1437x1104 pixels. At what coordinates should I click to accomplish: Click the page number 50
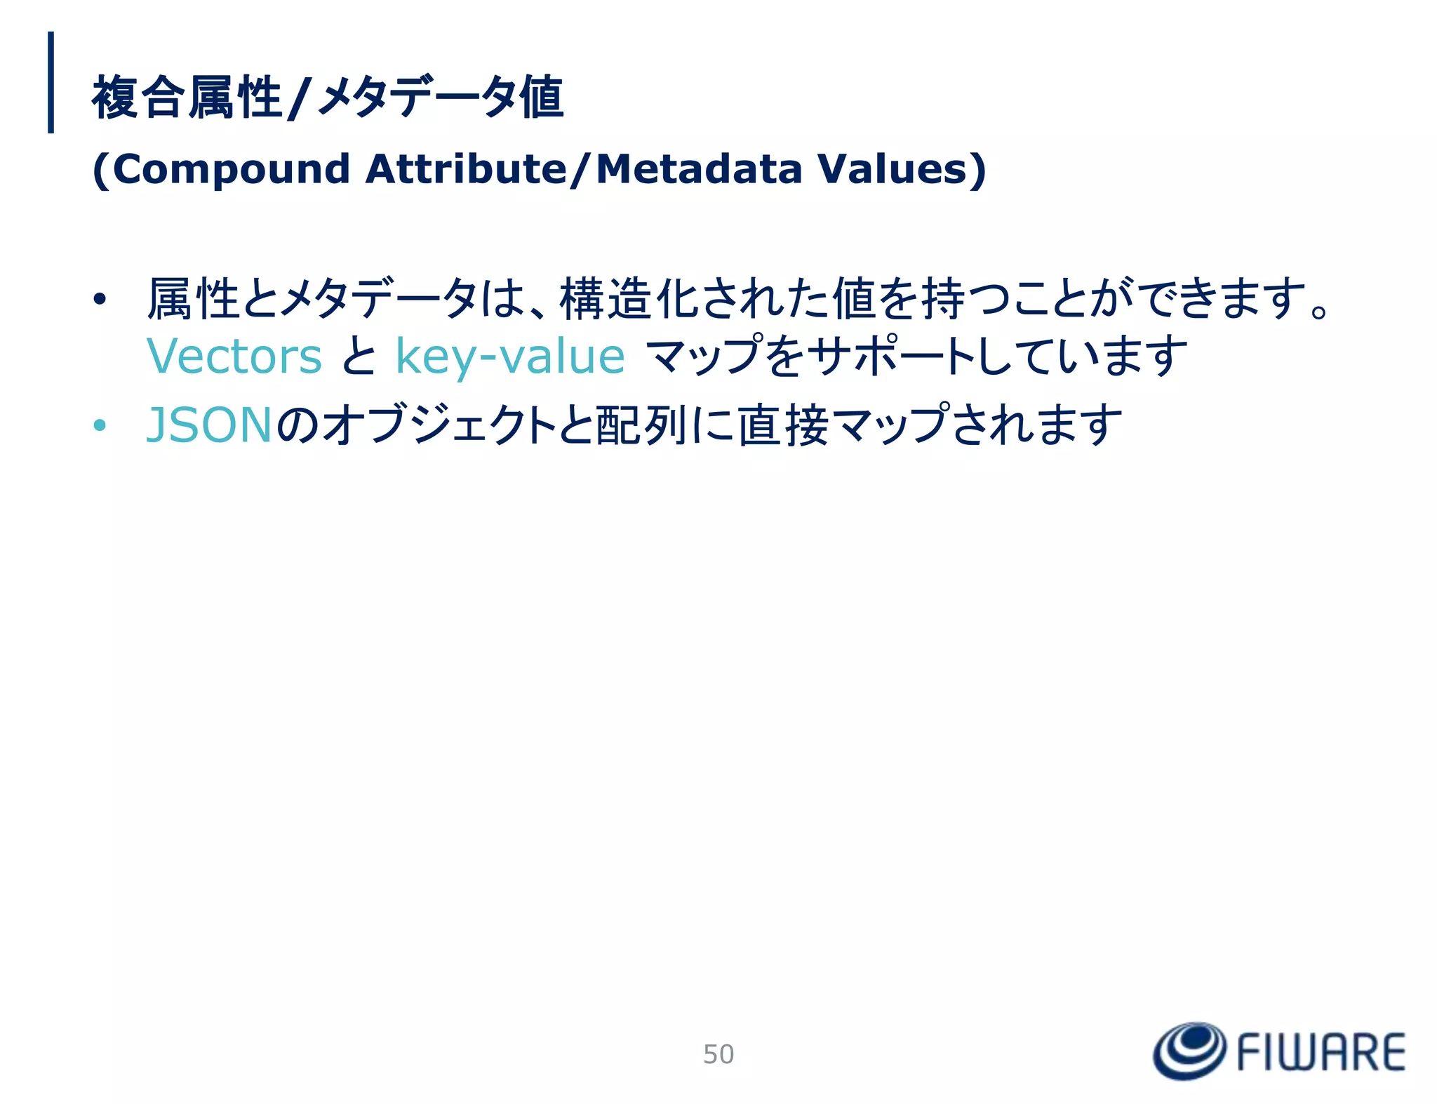pyautogui.click(x=718, y=1053)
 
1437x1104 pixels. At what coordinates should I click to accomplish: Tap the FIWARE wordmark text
pyautogui.click(x=1320, y=1052)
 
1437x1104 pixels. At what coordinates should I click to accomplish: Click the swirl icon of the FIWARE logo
pyautogui.click(x=1189, y=1051)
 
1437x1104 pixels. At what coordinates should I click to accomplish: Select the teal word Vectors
pyautogui.click(x=234, y=356)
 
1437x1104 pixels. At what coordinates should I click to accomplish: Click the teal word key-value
pyautogui.click(x=510, y=356)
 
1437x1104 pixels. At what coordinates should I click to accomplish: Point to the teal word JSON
pyautogui.click(x=208, y=425)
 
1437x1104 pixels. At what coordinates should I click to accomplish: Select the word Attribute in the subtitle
pyautogui.click(x=466, y=169)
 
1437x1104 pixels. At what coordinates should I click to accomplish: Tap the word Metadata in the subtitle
pyautogui.click(x=698, y=169)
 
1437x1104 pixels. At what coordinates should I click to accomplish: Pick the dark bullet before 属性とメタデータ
pyautogui.click(x=100, y=300)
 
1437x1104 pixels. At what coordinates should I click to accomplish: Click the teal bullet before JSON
pyautogui.click(x=100, y=425)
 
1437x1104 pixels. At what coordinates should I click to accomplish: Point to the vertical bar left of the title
pyautogui.click(x=51, y=82)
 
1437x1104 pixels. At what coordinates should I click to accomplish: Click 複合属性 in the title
pyautogui.click(x=187, y=98)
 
